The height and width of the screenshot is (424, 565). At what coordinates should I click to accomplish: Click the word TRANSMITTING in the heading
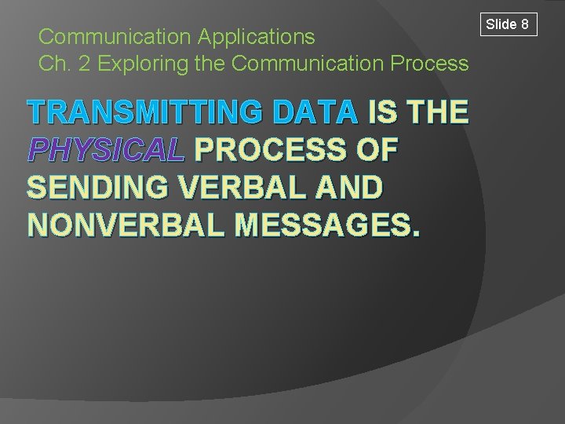(144, 113)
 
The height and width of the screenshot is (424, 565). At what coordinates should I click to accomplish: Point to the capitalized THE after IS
(438, 113)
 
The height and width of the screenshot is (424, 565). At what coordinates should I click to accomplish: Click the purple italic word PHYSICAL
(106, 150)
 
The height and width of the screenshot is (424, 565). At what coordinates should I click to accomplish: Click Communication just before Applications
(115, 36)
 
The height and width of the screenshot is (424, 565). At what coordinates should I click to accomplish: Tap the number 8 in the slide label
(523, 24)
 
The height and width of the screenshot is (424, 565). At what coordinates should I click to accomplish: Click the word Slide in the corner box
(501, 24)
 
